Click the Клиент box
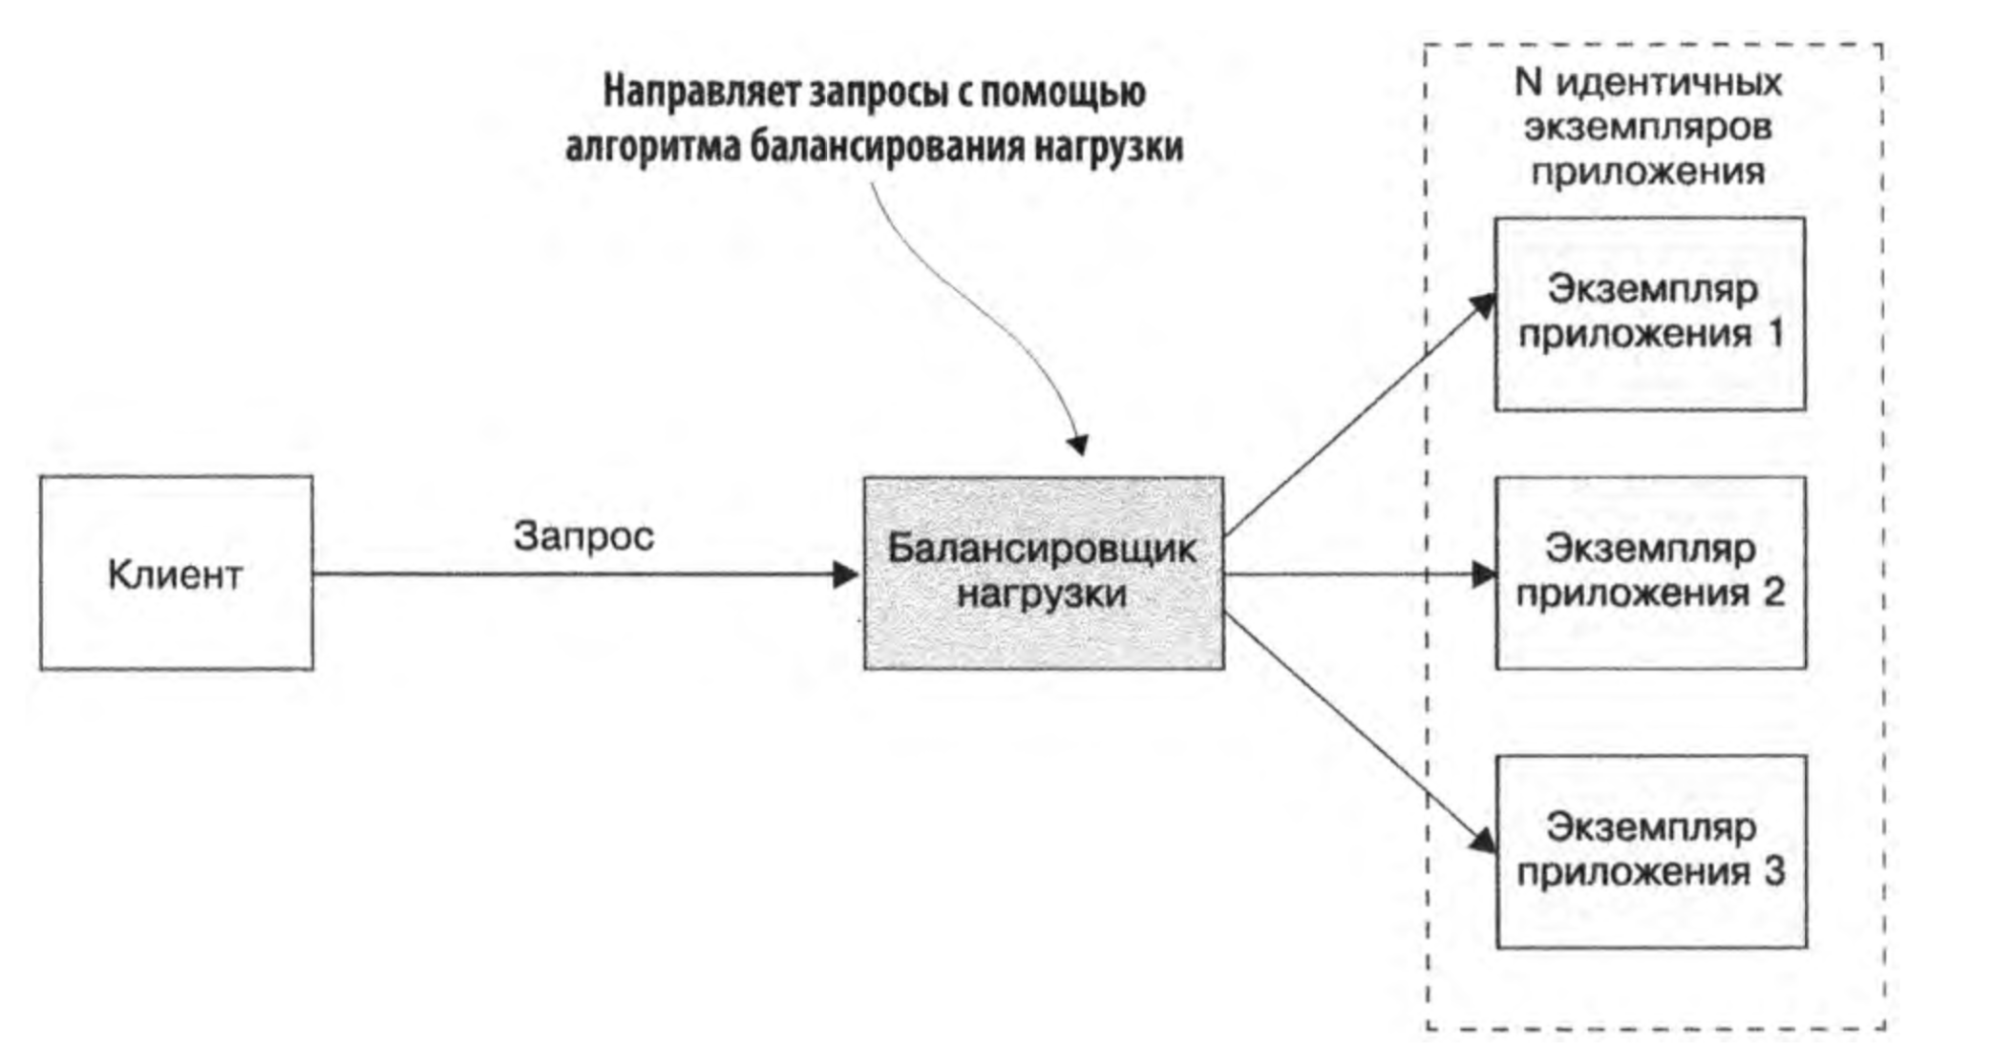(176, 573)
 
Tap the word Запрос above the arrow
(583, 536)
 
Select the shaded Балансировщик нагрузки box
(1043, 573)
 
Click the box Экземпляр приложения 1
(1649, 314)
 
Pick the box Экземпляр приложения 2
(1649, 573)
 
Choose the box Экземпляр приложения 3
(1651, 851)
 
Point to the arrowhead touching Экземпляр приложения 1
(1483, 305)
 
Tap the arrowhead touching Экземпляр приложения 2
(1484, 574)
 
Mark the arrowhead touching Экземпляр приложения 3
(1483, 840)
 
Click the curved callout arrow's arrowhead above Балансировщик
(1078, 445)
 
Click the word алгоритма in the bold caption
(652, 147)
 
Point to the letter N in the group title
(1528, 83)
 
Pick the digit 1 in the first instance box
(1775, 335)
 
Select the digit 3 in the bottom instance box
(1774, 872)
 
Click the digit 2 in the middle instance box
(1773, 594)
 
